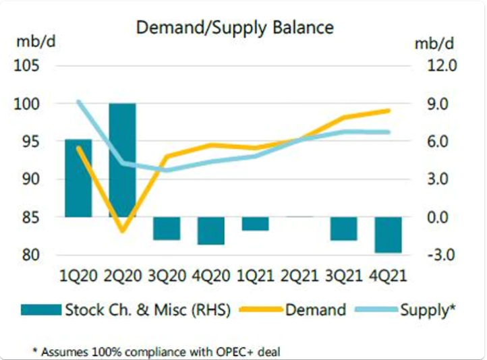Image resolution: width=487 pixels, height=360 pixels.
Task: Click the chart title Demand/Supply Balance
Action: [x=235, y=28]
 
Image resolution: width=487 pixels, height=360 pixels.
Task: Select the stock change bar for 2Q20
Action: [x=122, y=160]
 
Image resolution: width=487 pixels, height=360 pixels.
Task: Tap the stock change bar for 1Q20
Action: [x=78, y=178]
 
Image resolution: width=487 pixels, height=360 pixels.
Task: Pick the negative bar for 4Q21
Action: [x=389, y=235]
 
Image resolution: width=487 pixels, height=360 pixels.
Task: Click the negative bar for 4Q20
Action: [x=211, y=231]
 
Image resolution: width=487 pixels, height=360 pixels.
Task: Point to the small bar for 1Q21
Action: [x=255, y=224]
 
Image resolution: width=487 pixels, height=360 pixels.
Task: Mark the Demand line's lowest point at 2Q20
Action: [x=123, y=231]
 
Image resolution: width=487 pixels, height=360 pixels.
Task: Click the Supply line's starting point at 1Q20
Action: [x=78, y=102]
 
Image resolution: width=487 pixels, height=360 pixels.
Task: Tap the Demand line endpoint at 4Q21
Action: [x=389, y=111]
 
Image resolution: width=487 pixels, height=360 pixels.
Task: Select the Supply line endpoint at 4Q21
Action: [x=389, y=132]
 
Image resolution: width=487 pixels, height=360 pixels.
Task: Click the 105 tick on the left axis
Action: [x=26, y=66]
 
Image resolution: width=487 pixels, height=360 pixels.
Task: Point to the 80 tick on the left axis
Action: [x=31, y=255]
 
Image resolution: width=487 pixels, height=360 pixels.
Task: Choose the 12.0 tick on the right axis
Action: [x=442, y=66]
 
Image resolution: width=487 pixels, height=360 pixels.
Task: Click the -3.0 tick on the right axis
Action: [x=440, y=255]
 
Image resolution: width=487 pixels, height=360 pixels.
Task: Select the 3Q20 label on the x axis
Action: [x=167, y=276]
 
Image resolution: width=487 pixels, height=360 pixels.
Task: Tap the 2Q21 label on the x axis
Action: [x=299, y=276]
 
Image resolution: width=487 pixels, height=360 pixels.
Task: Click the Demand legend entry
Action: [x=293, y=309]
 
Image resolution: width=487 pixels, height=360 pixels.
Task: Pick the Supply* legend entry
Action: [x=405, y=309]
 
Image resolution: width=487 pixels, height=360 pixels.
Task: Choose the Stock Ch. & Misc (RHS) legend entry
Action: [x=125, y=309]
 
